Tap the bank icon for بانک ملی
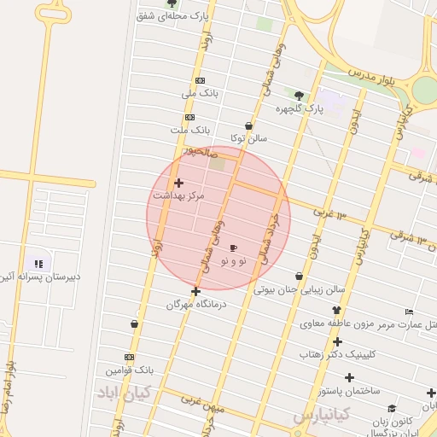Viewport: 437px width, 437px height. click(x=200, y=80)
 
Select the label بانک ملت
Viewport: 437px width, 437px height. click(x=189, y=130)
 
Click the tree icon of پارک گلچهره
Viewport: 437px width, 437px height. click(x=298, y=96)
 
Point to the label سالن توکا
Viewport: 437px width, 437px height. click(x=248, y=137)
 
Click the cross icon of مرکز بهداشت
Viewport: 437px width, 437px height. click(x=178, y=183)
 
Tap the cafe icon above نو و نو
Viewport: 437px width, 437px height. click(x=234, y=248)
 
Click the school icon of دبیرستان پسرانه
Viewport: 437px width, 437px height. click(x=38, y=264)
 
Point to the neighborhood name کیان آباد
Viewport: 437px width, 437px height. click(x=123, y=393)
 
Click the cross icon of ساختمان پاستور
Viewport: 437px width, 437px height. click(x=348, y=377)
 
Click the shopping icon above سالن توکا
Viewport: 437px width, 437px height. click(x=248, y=125)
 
